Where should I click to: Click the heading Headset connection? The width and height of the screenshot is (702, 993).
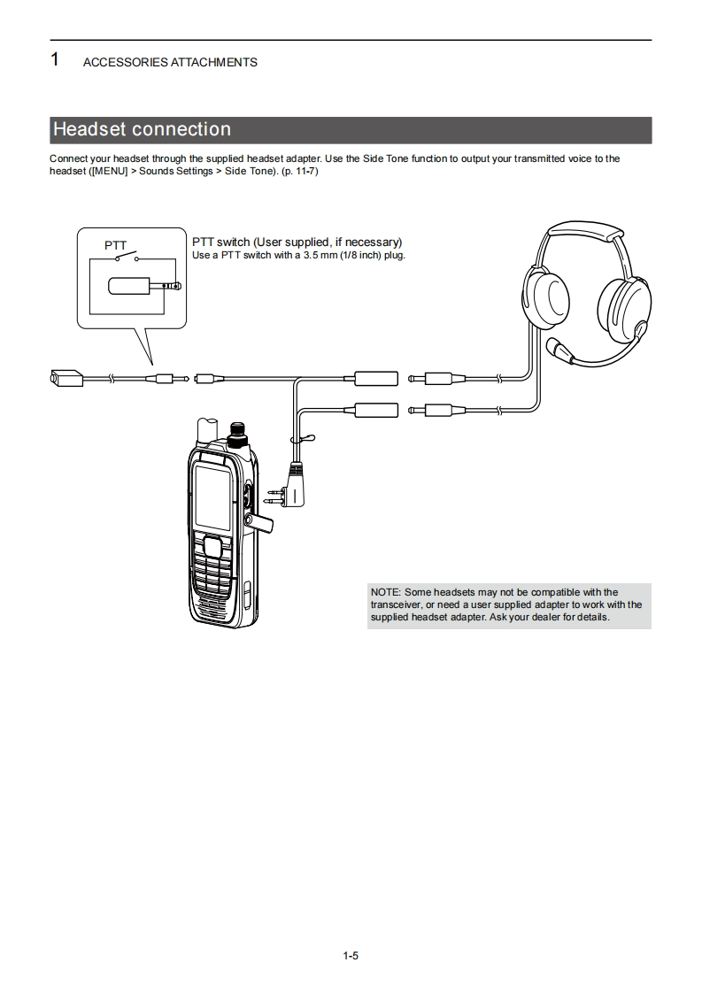click(142, 130)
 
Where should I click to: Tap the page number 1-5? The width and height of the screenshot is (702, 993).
click(351, 956)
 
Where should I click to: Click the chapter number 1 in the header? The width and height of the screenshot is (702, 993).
click(55, 60)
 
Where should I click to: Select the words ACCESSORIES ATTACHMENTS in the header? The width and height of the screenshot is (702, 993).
click(170, 62)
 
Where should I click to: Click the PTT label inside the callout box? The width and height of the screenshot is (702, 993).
click(116, 245)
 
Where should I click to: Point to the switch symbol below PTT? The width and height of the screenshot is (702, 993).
click(127, 258)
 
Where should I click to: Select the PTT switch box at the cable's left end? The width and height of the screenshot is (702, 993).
click(66, 379)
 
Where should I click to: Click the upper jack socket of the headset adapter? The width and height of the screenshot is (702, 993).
click(376, 379)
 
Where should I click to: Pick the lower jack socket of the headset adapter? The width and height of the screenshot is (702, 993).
click(376, 409)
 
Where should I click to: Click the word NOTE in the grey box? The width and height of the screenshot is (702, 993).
click(385, 592)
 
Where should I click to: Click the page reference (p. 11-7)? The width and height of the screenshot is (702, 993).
click(300, 171)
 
